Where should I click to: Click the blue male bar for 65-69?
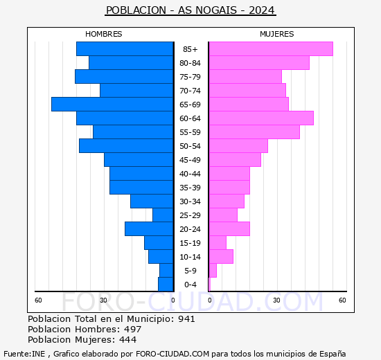click(x=112, y=104)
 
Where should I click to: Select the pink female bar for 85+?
click(x=270, y=48)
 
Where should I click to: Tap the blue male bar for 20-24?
click(x=149, y=228)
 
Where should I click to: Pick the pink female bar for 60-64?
click(x=260, y=118)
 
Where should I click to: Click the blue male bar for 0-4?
click(x=166, y=284)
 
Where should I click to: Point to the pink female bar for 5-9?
click(x=213, y=270)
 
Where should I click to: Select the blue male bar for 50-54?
click(x=126, y=145)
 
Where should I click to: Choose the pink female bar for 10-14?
click(x=221, y=256)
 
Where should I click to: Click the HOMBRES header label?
click(x=103, y=34)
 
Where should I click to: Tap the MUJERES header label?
click(x=276, y=34)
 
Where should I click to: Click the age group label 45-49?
click(x=190, y=160)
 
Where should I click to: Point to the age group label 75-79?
click(x=190, y=77)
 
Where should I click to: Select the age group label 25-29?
click(x=190, y=215)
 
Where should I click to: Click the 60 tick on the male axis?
click(x=39, y=300)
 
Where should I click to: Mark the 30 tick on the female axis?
click(x=276, y=300)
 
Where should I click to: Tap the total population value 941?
click(x=186, y=319)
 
